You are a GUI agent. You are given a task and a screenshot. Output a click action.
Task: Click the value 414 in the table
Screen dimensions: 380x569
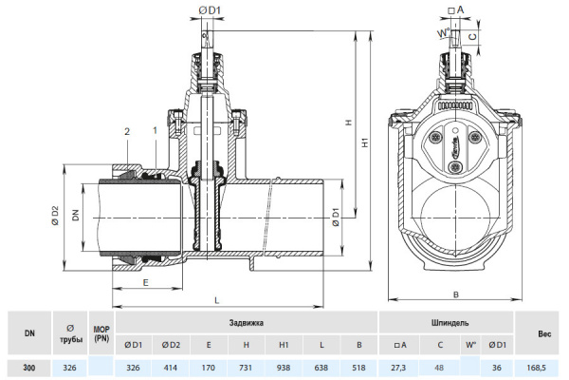pyautogui.click(x=172, y=367)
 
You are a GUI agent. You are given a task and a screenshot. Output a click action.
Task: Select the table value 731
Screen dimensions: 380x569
pyautogui.click(x=246, y=367)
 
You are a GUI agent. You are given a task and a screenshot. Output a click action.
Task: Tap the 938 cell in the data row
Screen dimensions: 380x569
pyautogui.click(x=283, y=367)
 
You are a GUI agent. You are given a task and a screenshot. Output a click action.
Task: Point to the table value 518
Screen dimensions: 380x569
pyautogui.click(x=358, y=367)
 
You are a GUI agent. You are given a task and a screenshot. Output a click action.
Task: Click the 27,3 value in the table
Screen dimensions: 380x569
pyautogui.click(x=399, y=367)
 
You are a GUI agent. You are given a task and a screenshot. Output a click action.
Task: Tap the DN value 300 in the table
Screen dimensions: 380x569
pyautogui.click(x=30, y=367)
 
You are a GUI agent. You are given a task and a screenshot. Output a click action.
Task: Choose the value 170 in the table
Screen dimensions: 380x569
pyautogui.click(x=209, y=367)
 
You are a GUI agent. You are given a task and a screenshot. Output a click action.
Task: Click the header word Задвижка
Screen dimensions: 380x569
pyautogui.click(x=247, y=324)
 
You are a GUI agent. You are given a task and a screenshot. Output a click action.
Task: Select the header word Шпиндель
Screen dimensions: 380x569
pyautogui.click(x=446, y=324)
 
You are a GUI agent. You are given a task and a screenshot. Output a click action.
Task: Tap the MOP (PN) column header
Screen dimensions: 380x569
pyautogui.click(x=101, y=333)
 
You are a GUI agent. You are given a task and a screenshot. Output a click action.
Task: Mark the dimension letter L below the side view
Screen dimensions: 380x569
pyautogui.click(x=217, y=300)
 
